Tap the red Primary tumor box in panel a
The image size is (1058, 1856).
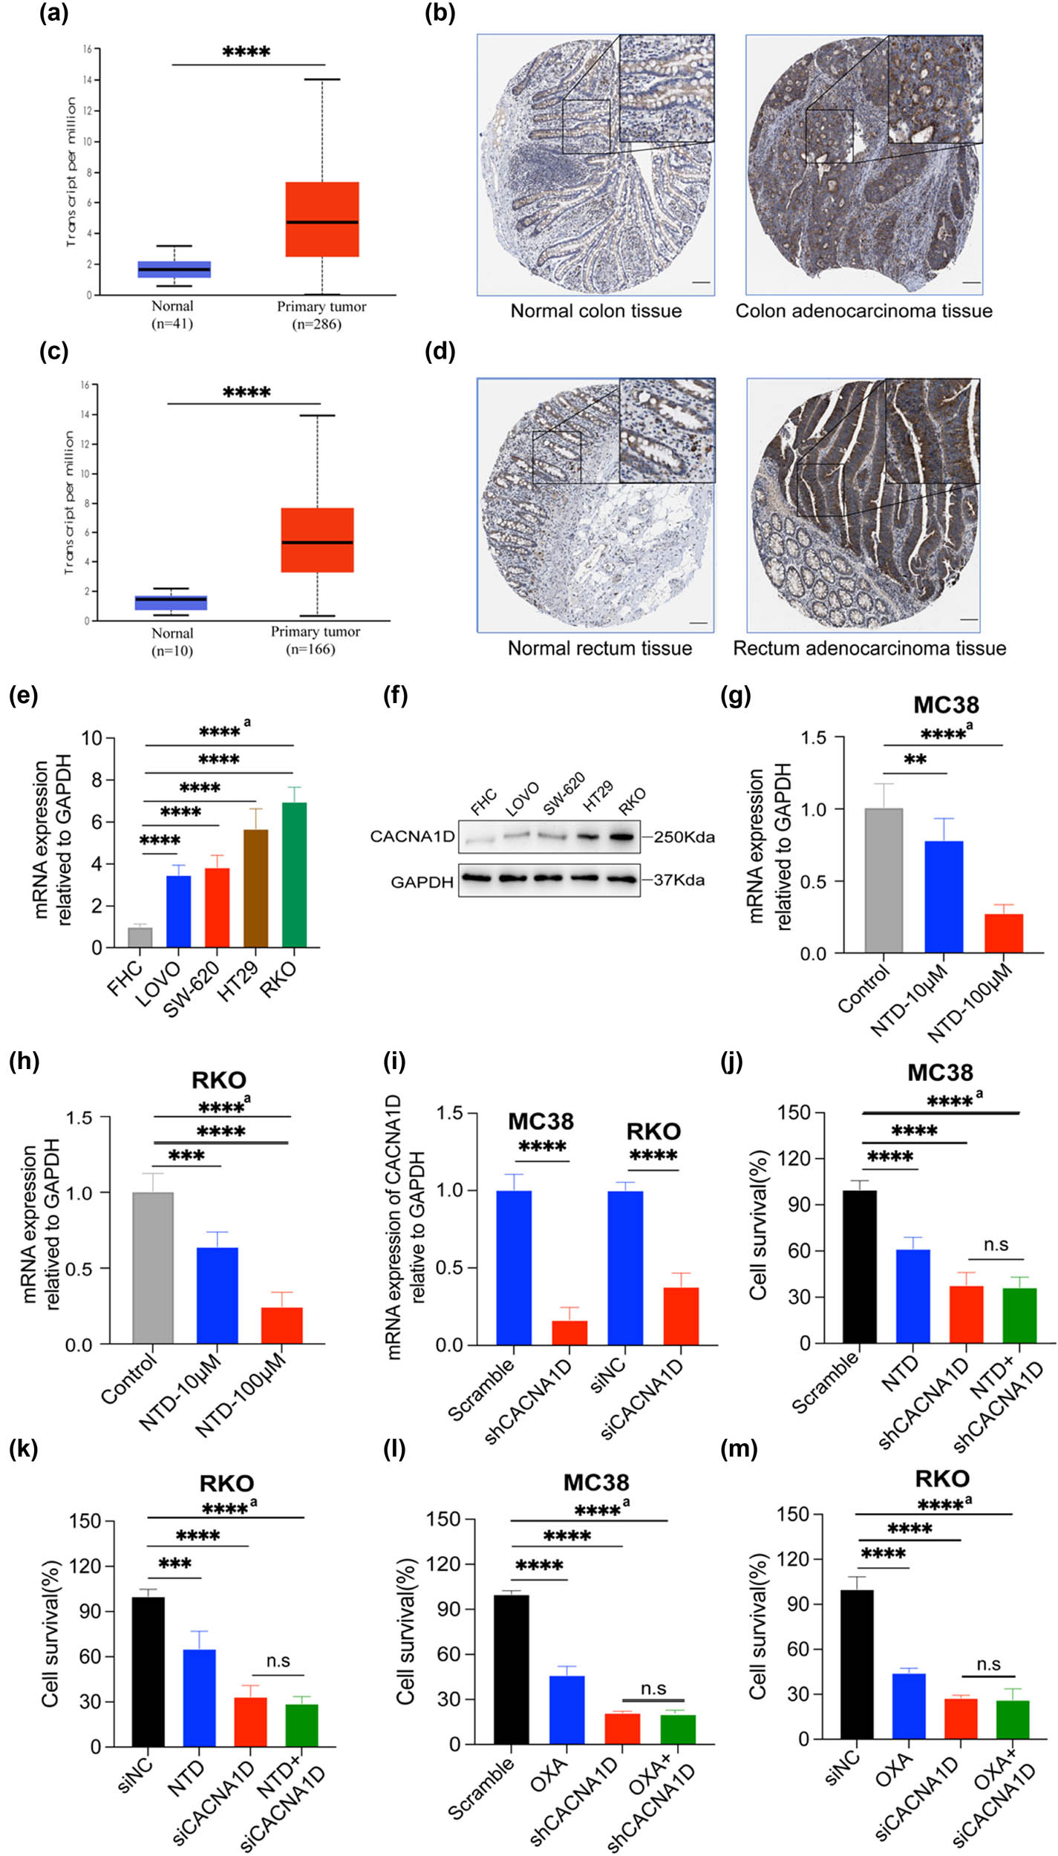pos(323,219)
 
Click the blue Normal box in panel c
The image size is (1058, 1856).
pos(171,602)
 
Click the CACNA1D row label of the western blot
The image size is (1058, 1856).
pos(412,837)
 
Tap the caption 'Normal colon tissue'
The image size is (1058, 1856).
pos(595,310)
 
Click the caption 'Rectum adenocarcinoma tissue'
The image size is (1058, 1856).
pos(869,647)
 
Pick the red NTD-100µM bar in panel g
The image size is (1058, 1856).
pos(1003,933)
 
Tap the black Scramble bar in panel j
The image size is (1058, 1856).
pos(859,1267)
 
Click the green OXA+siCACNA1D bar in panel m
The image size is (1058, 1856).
pos(1013,1708)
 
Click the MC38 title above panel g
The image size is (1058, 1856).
pos(945,704)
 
